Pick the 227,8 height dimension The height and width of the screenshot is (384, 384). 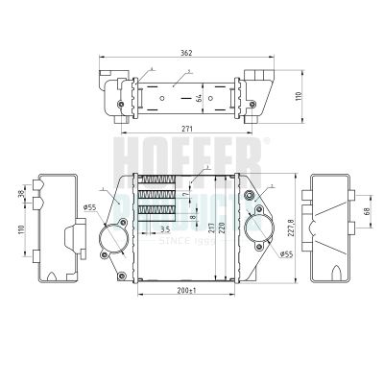point(290,228)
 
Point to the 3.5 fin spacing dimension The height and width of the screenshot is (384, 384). point(165,230)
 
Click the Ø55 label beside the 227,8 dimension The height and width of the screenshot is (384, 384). point(286,253)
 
